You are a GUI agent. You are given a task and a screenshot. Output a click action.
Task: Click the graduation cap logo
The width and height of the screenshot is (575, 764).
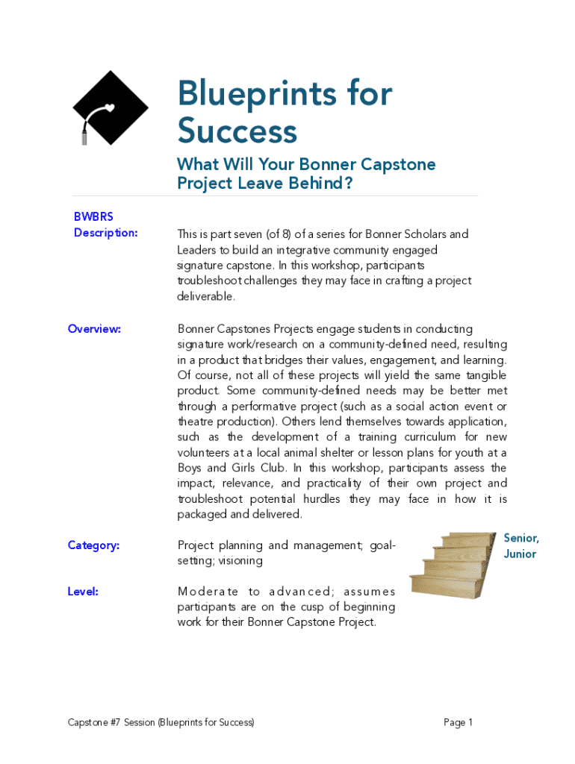[x=112, y=107]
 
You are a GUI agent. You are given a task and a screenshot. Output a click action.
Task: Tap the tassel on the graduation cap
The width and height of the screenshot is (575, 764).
[x=84, y=134]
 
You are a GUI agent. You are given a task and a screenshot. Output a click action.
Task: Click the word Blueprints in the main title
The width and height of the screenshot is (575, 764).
[x=251, y=95]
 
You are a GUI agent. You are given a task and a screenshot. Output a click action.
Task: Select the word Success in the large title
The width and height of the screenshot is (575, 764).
[x=237, y=132]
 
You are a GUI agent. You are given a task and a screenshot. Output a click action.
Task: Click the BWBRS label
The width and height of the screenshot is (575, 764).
[x=93, y=216]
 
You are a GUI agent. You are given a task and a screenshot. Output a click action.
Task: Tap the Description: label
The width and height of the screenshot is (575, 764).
[x=105, y=233]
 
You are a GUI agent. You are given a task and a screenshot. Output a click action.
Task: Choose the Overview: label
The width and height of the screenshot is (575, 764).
[x=94, y=328]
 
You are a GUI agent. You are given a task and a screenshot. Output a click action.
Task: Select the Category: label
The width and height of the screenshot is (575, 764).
[x=93, y=545]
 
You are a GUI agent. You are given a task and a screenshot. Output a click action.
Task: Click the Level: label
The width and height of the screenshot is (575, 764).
[x=83, y=592]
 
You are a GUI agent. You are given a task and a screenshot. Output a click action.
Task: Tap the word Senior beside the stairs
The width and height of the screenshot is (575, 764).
[x=521, y=538]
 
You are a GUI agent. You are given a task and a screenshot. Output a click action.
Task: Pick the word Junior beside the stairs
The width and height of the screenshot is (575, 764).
[x=520, y=554]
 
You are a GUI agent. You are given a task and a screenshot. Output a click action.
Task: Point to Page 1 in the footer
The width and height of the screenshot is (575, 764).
[x=458, y=722]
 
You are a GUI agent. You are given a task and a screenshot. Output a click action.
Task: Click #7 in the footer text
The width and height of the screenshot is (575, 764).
[x=114, y=722]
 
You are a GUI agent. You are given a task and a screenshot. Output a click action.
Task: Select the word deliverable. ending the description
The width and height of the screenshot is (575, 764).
[x=206, y=296]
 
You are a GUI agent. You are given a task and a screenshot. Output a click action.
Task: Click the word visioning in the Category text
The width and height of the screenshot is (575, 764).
[x=240, y=561]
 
